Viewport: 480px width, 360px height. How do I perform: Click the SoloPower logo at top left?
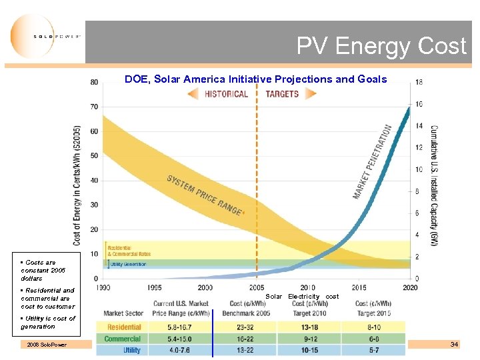click(45, 37)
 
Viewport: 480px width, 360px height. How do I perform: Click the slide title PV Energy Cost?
click(381, 46)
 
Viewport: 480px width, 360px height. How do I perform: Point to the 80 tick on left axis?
click(94, 82)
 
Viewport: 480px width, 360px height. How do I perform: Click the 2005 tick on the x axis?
click(257, 287)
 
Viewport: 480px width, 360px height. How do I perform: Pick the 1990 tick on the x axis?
click(103, 287)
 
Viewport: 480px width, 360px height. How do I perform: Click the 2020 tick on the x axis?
click(410, 287)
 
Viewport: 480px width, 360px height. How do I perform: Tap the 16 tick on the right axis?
click(419, 104)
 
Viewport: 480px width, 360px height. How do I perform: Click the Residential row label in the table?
click(123, 327)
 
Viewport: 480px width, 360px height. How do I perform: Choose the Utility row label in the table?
click(131, 350)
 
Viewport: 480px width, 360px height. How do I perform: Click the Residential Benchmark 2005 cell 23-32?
click(244, 327)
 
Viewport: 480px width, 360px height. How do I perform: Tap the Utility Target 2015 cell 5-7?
click(373, 350)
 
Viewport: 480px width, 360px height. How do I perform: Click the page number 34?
click(454, 344)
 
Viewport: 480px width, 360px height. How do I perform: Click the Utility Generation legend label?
click(128, 264)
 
